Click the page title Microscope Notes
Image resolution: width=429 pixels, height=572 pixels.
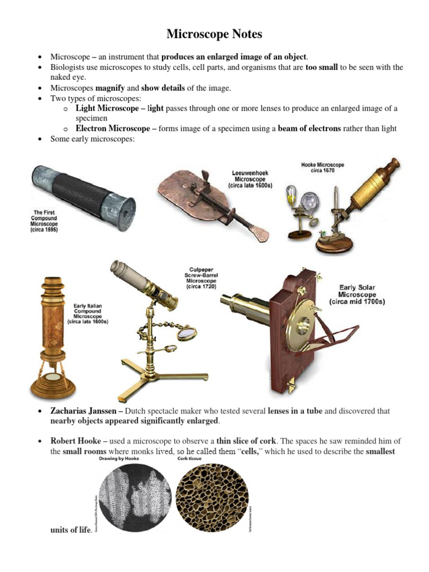click(x=214, y=35)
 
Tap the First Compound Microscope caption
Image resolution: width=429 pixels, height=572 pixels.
click(x=45, y=221)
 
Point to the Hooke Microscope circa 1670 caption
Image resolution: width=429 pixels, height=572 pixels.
click(x=323, y=168)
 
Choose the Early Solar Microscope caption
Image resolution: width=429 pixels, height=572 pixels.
click(x=358, y=295)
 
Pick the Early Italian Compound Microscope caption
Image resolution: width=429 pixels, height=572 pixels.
click(x=88, y=314)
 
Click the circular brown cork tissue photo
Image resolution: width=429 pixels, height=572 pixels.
click(x=209, y=495)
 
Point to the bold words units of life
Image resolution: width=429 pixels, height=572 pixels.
click(x=70, y=530)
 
